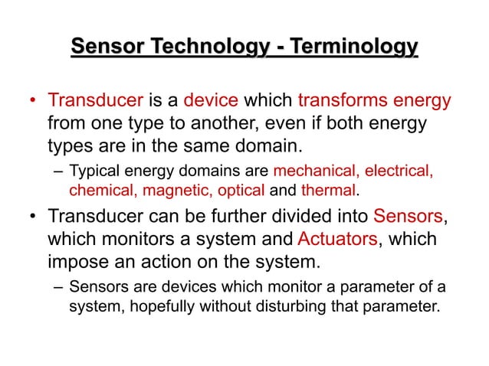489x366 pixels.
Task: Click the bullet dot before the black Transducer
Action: pos(34,217)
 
